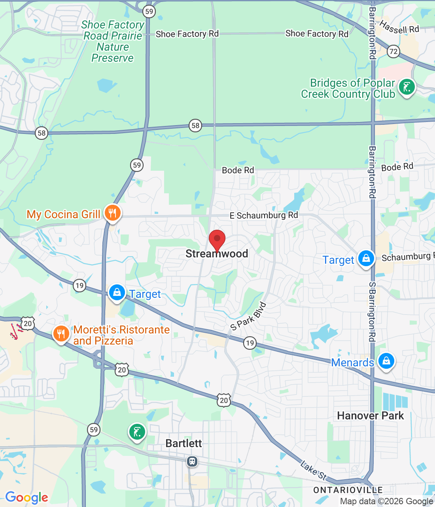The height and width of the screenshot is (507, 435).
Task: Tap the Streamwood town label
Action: coord(217,254)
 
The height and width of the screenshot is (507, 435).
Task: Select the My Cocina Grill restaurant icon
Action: coord(112,213)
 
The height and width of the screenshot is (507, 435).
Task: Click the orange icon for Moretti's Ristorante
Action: coord(61,334)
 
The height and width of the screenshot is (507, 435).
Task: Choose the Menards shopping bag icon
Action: coord(386,361)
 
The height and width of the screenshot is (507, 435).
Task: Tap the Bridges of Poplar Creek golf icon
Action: coord(407,87)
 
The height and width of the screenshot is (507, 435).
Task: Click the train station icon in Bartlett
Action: coord(192,461)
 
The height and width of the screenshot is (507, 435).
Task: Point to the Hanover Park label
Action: coord(371,416)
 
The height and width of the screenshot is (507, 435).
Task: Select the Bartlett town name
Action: coord(183,443)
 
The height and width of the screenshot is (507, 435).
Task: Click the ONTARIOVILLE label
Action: coord(348,490)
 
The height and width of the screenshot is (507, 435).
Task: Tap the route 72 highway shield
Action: coord(393,51)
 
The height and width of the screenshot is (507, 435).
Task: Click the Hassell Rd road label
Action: coord(399,27)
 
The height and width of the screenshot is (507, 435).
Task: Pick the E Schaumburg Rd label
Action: coord(264,215)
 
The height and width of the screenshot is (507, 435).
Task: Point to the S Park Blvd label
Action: coord(249,316)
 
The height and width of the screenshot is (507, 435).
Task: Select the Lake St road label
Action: coord(313,470)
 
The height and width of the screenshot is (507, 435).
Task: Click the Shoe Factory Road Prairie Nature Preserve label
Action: coord(113,42)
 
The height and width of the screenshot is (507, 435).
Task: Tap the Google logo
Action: coord(26,497)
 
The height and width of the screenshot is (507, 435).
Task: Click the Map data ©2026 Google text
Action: coord(386,501)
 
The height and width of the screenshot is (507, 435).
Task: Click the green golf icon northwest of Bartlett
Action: coord(137,432)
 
